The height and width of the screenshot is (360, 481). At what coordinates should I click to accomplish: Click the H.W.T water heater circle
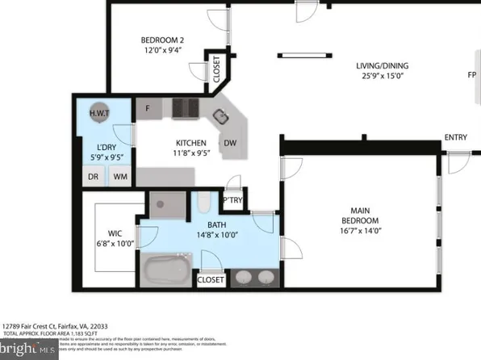[100, 113]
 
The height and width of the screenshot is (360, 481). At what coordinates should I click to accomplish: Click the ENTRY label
[455, 138]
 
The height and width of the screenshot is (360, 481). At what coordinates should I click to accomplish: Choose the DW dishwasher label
[230, 144]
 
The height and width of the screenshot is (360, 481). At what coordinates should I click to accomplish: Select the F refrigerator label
[148, 108]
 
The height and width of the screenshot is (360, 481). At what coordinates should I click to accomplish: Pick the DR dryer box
[93, 177]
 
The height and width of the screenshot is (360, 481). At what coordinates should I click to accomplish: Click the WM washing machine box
[119, 177]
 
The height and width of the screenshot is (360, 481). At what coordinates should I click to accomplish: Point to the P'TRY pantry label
[232, 199]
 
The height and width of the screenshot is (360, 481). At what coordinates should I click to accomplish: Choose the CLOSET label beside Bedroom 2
[218, 69]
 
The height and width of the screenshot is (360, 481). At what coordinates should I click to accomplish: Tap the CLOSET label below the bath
[211, 280]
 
